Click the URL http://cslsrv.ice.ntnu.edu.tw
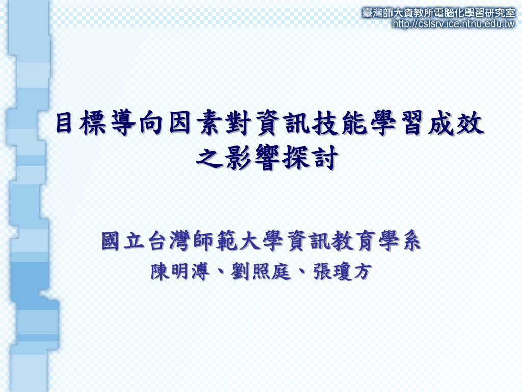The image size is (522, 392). point(454,24)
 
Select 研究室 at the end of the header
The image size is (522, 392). point(502,13)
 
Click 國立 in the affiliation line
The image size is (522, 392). point(123,241)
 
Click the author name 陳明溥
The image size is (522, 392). point(180,272)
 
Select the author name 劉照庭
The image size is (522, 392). point(260,272)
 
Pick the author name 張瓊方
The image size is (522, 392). point(342,272)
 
